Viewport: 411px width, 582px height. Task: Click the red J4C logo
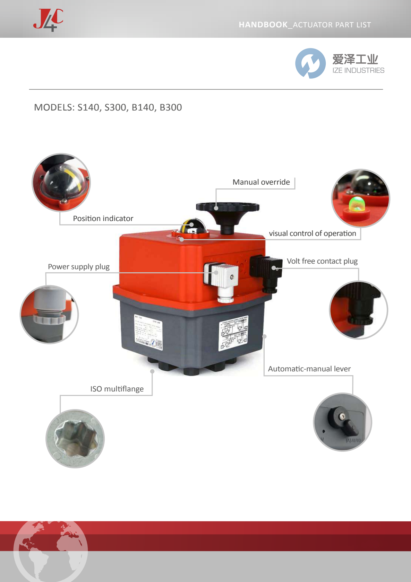coord(48,20)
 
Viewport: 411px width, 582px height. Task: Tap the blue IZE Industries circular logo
coord(310,63)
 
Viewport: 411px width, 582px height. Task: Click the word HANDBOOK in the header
coord(263,25)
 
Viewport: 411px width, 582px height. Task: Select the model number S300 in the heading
coord(115,107)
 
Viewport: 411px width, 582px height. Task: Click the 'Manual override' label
coord(261,182)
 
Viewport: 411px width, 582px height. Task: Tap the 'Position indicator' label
coord(103,219)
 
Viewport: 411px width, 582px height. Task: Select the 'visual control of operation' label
coord(312,233)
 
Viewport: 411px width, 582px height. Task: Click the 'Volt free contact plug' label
coord(322,261)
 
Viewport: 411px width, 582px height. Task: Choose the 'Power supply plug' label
coord(79,267)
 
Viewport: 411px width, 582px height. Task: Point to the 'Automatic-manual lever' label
coord(309,369)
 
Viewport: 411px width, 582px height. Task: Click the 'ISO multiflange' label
coord(117,389)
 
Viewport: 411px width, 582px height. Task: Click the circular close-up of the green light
coord(360,198)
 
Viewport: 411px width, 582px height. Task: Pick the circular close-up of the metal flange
coord(75,439)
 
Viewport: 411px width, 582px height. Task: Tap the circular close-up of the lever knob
coord(342,422)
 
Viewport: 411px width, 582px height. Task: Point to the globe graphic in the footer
coord(51,551)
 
